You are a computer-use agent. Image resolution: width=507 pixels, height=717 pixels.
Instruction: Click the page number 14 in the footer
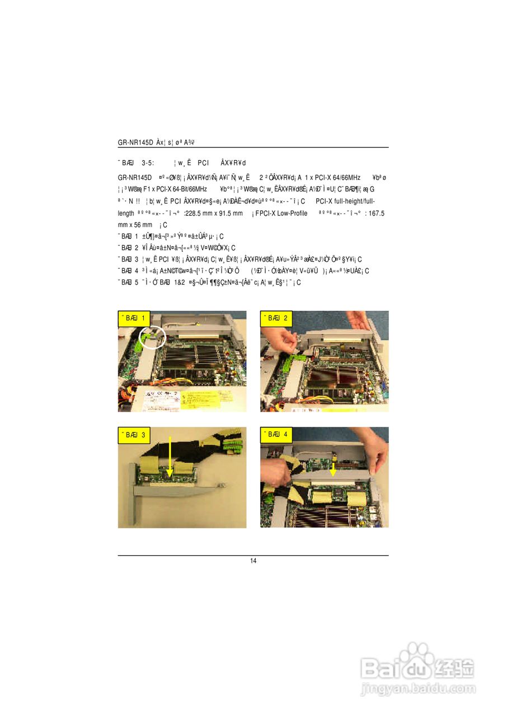coord(253,561)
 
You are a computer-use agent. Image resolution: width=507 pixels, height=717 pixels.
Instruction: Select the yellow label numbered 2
coord(276,319)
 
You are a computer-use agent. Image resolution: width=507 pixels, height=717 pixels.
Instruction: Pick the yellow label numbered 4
coord(276,435)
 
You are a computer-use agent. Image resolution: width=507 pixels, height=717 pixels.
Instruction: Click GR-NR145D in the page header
coord(136,142)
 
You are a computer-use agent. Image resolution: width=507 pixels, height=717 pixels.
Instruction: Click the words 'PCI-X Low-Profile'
coord(281,213)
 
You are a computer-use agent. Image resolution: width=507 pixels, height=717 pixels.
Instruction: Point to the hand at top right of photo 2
coord(359,320)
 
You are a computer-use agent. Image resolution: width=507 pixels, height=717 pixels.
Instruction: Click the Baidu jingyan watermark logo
coord(417,669)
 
